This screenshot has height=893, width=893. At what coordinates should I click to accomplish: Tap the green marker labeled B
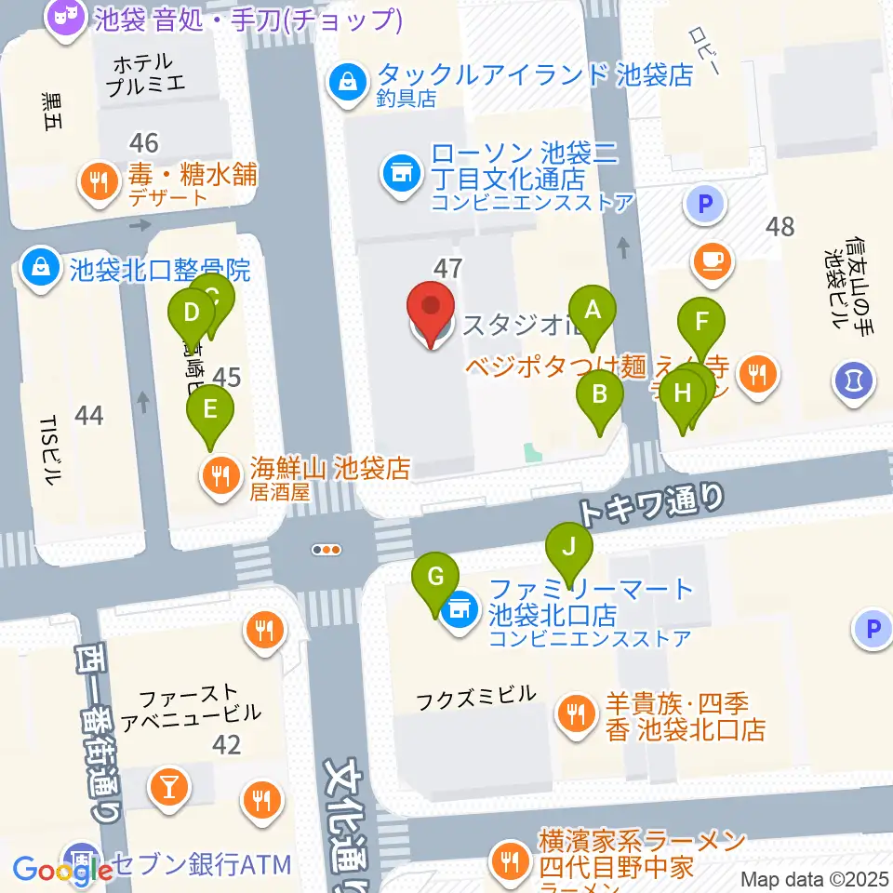(600, 394)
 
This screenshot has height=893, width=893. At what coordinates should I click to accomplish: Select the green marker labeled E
(210, 408)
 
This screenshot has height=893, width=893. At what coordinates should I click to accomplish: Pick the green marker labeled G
(435, 578)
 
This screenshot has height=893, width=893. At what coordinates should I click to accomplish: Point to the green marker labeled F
(702, 325)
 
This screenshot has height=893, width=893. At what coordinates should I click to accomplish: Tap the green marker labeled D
(192, 313)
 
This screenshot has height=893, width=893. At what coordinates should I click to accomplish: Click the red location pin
(432, 309)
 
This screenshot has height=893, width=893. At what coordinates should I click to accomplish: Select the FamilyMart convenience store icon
(458, 611)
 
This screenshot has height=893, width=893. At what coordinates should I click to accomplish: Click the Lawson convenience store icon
(400, 174)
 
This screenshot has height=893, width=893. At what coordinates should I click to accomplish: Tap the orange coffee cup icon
(713, 260)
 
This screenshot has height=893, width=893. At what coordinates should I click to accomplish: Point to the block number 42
(226, 744)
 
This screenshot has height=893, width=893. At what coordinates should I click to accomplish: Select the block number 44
(88, 414)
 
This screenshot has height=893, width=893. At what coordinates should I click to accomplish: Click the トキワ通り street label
(650, 507)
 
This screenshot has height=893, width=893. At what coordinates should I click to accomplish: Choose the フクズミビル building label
(476, 695)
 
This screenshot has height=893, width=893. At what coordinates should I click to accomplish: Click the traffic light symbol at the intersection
(327, 550)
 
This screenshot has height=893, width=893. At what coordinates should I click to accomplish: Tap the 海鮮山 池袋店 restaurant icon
(220, 476)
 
